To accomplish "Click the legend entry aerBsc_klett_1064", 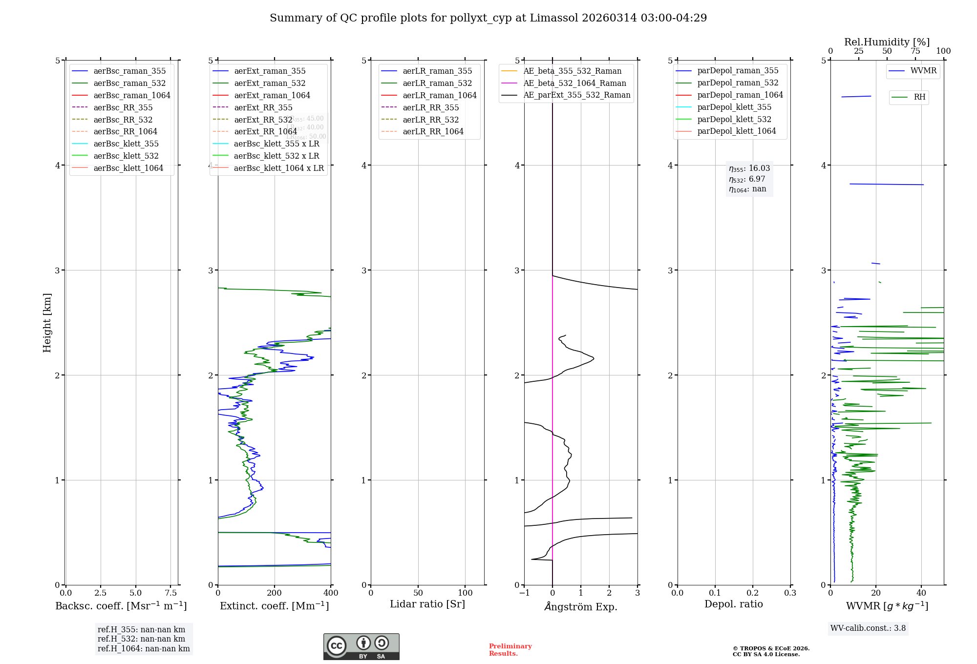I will (x=128, y=168).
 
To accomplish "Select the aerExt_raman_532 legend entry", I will (x=270, y=83).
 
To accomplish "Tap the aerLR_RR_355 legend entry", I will (x=430, y=107).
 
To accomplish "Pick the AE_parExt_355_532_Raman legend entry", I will (x=576, y=95).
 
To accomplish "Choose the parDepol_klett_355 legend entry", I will (x=734, y=107).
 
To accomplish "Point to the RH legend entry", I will (x=919, y=97).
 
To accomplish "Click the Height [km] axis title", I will (x=47, y=322).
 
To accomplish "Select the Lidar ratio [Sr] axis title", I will (x=427, y=604).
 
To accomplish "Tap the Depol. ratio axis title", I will (x=733, y=604).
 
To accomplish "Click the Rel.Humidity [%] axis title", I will (x=887, y=42).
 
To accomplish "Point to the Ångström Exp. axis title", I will (x=580, y=606).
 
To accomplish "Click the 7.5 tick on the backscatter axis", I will (x=170, y=593).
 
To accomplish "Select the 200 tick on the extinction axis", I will (x=275, y=593).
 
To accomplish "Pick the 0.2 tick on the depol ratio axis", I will (x=753, y=593).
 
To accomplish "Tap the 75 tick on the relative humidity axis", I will (x=915, y=51).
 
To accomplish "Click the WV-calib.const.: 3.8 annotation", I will (x=868, y=628).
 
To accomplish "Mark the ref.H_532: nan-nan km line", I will (x=141, y=639).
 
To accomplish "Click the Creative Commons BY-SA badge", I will (x=361, y=646).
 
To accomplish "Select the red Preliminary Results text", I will (x=510, y=649).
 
